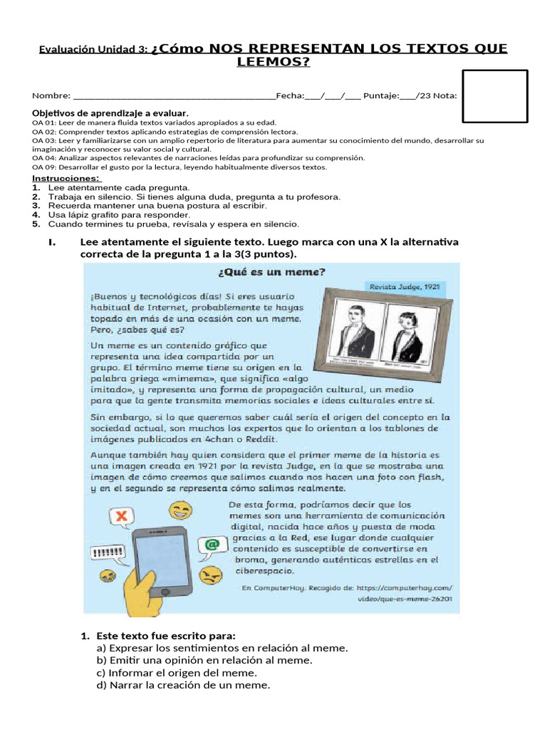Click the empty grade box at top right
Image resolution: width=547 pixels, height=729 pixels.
click(495, 97)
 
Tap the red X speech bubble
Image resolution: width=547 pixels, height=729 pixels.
click(123, 516)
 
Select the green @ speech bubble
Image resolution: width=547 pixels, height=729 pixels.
click(211, 545)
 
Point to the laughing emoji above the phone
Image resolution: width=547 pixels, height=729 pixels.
click(182, 510)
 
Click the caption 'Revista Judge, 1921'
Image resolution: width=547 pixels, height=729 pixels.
click(404, 287)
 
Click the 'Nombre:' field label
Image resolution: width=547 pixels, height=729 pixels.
click(51, 96)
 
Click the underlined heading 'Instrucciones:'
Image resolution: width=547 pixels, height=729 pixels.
click(66, 178)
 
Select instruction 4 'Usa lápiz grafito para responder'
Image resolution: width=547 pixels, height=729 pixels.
click(118, 214)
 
